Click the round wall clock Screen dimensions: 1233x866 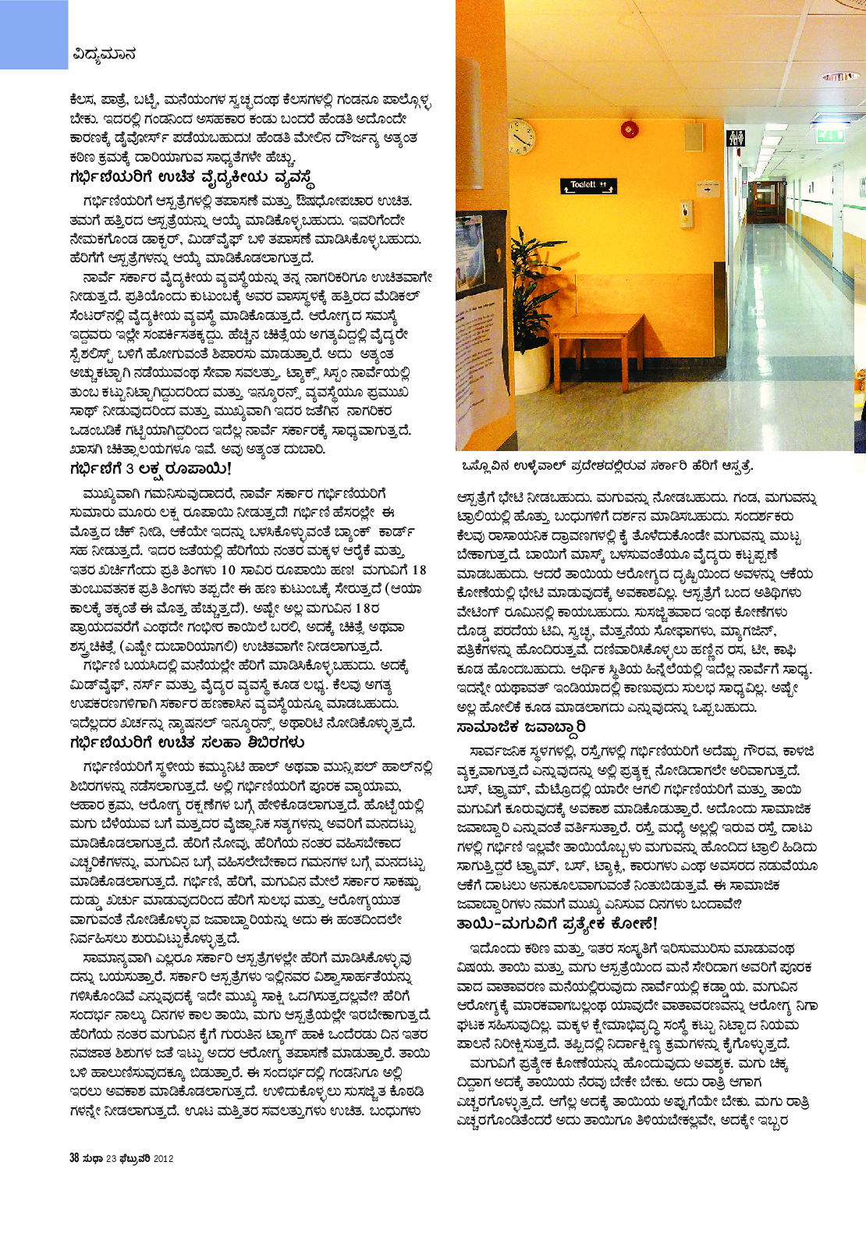[520, 137]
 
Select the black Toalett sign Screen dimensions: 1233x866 [588, 186]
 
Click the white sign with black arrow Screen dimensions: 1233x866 [707, 189]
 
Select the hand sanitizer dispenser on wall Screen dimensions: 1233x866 [685, 211]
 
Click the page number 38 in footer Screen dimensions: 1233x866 [75, 1157]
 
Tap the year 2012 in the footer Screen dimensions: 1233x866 [163, 1158]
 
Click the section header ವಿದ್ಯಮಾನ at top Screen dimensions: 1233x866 [105, 55]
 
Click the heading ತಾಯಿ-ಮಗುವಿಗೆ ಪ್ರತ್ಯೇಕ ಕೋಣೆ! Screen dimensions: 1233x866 [557, 924]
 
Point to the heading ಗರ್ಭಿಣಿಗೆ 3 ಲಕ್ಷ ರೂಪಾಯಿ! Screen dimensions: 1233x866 [151, 469]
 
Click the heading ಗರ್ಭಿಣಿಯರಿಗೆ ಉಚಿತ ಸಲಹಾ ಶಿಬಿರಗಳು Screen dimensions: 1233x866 [186, 742]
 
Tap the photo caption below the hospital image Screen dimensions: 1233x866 [608, 466]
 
